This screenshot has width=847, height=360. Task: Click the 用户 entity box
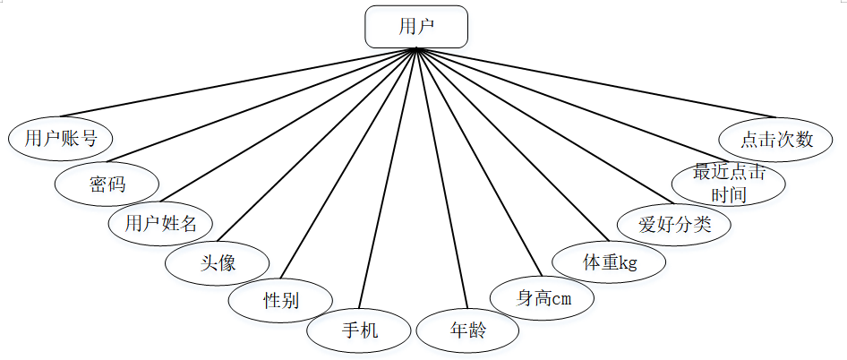click(x=416, y=27)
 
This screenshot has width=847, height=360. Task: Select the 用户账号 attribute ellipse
click(x=60, y=138)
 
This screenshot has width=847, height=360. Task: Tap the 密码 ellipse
click(x=107, y=184)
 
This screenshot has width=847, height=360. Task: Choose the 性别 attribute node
click(x=280, y=300)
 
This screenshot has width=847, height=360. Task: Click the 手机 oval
click(x=359, y=330)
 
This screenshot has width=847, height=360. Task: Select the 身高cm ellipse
click(x=543, y=298)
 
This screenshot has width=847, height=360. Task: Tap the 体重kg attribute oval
click(x=609, y=262)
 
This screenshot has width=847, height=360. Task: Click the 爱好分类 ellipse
click(x=674, y=224)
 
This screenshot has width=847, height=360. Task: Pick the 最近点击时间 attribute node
click(x=731, y=184)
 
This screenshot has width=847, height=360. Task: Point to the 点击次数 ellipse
click(x=776, y=139)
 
